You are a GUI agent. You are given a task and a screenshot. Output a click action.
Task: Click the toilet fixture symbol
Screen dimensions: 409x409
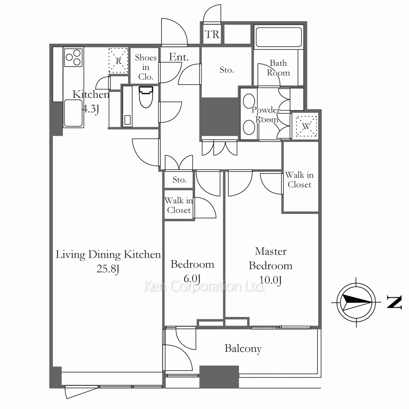tap(146, 97)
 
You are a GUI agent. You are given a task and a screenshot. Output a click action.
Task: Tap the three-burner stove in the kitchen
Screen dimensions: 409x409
tap(73, 57)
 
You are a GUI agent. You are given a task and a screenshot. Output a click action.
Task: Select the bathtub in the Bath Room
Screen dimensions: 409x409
tap(279, 37)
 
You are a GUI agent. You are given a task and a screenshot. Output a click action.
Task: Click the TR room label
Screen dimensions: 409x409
tap(212, 34)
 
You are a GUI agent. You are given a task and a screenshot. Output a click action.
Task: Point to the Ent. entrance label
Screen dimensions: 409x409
tap(179, 57)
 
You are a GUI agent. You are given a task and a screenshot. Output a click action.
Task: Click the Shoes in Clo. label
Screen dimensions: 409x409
tap(146, 67)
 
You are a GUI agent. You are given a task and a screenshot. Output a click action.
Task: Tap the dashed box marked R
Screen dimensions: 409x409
tap(119, 61)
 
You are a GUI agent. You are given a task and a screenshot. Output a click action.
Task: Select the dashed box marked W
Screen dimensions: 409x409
tap(306, 126)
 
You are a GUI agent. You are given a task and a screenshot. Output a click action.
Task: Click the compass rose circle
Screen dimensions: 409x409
tap(356, 302)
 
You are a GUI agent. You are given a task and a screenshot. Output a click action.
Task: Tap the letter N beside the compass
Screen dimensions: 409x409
tap(394, 302)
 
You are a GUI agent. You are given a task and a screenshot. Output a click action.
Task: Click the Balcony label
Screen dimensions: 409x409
tap(243, 348)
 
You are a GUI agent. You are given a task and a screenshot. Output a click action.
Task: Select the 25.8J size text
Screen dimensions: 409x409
tap(108, 269)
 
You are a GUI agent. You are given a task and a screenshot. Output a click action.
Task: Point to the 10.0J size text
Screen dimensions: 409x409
tap(270, 280)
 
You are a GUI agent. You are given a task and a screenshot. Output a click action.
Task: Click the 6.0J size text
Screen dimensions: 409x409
tap(192, 279)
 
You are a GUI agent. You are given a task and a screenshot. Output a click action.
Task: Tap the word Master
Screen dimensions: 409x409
tap(271, 251)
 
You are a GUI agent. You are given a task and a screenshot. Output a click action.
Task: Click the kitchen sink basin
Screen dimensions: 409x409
tap(73, 113)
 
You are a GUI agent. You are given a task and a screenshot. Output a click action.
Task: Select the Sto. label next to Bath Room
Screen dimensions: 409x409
tap(227, 70)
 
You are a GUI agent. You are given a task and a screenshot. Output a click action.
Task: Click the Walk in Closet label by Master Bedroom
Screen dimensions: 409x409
tap(299, 180)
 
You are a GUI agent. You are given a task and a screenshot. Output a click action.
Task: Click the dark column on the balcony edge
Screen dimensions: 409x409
tap(219, 377)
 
